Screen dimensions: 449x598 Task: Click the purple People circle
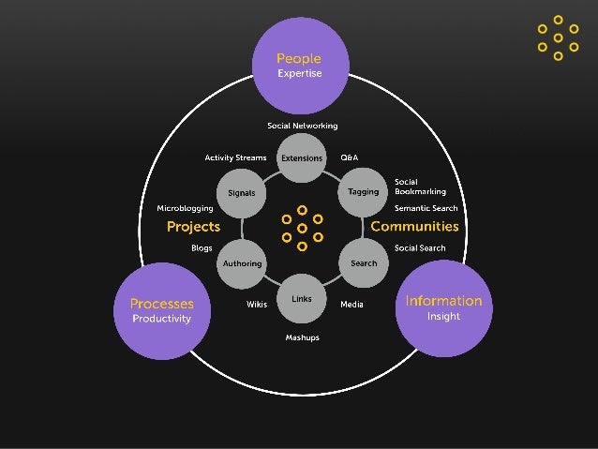[299, 65]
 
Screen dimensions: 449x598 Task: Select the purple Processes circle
[161, 310]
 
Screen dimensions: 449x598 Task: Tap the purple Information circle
[442, 308]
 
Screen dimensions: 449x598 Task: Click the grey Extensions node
[302, 158]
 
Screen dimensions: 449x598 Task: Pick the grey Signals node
[242, 193]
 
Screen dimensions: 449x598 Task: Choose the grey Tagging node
[363, 192]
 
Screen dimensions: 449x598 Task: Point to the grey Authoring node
[242, 263]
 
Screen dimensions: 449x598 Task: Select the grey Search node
[363, 263]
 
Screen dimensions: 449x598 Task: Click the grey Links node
[302, 299]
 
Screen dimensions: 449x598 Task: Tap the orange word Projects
[193, 227]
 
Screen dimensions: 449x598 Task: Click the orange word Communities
[414, 227]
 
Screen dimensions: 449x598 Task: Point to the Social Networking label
[302, 126]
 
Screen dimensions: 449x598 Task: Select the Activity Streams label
[235, 157]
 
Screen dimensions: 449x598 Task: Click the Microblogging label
[185, 207]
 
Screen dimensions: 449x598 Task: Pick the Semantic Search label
[426, 207]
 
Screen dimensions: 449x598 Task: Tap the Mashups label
[302, 337]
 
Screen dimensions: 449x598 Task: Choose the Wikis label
[257, 305]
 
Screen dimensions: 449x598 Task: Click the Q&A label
[349, 157]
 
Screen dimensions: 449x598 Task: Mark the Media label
[351, 305]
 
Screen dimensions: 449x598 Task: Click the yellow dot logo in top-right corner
[558, 37]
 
